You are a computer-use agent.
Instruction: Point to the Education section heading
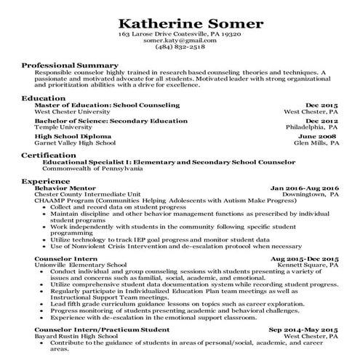[43, 97]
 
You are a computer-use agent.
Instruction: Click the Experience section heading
[46, 180]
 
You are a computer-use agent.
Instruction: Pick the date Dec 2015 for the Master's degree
[322, 105]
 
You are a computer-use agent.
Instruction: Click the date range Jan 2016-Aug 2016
[305, 188]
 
